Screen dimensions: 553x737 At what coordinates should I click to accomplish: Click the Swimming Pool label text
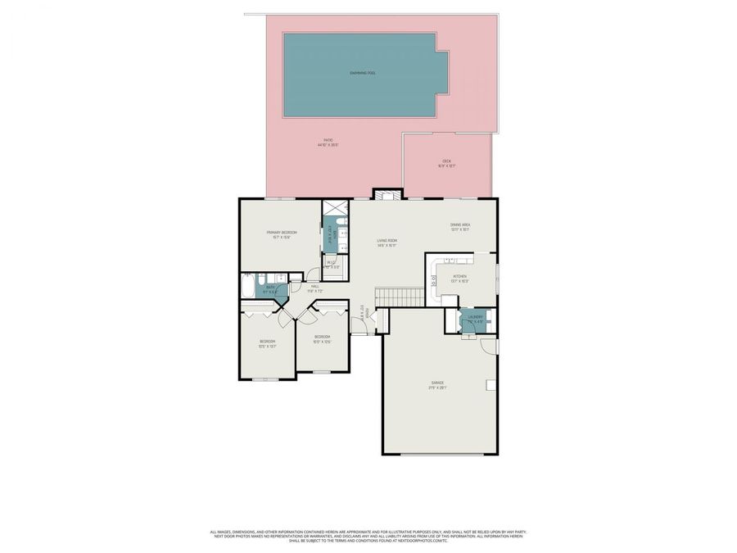coord(363,73)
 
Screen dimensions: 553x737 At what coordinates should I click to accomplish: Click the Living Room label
coord(387,243)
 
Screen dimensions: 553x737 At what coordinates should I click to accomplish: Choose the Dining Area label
coord(459,226)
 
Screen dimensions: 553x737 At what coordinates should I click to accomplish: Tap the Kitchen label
coord(460,278)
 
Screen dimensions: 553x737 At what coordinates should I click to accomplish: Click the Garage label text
coord(437,384)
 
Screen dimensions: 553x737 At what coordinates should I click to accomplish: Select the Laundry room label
coord(474,318)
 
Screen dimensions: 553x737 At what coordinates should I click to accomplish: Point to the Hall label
coord(314,288)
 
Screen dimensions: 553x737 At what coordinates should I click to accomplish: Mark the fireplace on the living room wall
coord(387,194)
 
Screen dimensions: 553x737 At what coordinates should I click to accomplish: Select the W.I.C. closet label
coord(332,264)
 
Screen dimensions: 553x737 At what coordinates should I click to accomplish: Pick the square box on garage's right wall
coord(491,385)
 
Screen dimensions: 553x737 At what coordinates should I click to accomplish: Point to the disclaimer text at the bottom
coord(368,535)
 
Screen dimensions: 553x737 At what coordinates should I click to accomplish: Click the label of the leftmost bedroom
coord(267,342)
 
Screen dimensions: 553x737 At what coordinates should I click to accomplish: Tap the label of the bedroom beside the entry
coord(322,338)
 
